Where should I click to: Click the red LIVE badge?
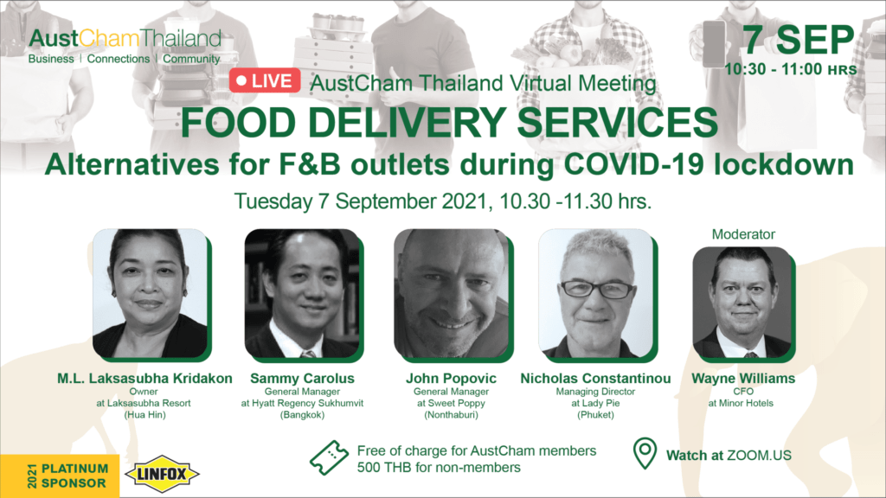(265, 80)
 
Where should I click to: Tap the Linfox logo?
(162, 474)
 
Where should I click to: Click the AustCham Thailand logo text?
(125, 38)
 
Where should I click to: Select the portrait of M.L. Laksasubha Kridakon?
(151, 294)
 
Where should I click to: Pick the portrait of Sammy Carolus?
(302, 294)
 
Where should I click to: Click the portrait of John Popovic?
(452, 294)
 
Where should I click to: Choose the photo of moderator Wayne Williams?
(742, 303)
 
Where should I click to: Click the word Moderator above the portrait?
(743, 234)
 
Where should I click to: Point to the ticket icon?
(329, 458)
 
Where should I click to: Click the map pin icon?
(645, 453)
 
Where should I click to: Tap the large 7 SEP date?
(797, 40)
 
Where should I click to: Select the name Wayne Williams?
(743, 379)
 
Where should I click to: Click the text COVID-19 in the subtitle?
(634, 165)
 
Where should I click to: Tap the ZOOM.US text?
(759, 456)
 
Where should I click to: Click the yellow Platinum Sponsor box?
(60, 476)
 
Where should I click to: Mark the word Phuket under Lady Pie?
(595, 415)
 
